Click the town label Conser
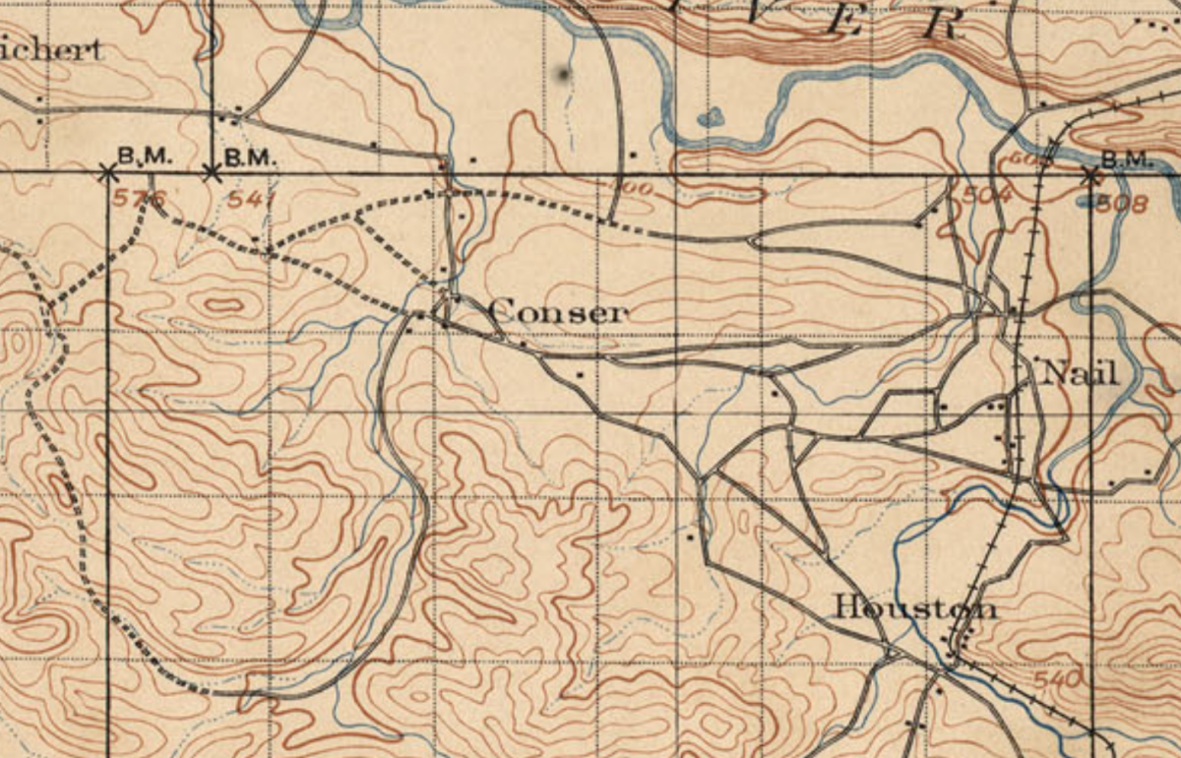pyautogui.click(x=556, y=313)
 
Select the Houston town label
pyautogui.click(x=914, y=607)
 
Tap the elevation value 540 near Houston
pyautogui.click(x=1058, y=679)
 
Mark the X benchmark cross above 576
pyautogui.click(x=107, y=173)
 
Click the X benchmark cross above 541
pyautogui.click(x=212, y=173)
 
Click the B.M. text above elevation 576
pyautogui.click(x=145, y=156)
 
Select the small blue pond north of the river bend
pyautogui.click(x=710, y=118)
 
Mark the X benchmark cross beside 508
pyautogui.click(x=1089, y=176)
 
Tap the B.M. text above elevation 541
pyautogui.click(x=253, y=156)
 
